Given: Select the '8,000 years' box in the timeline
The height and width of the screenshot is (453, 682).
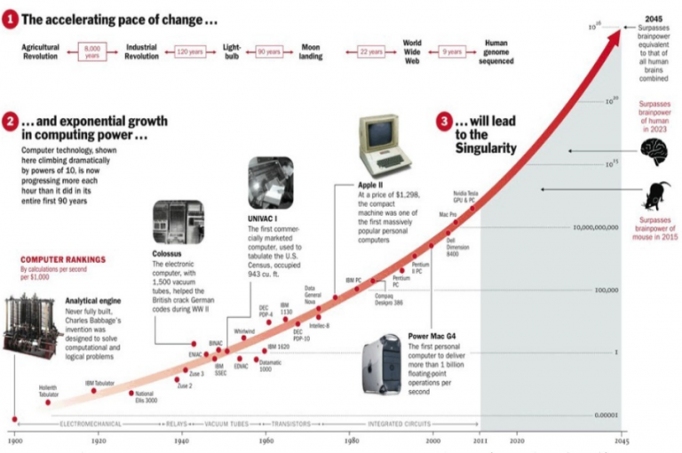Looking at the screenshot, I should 92,52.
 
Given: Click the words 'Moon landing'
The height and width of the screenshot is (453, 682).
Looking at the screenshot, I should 310,52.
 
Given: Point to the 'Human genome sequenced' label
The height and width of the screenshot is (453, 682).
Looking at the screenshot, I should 501,52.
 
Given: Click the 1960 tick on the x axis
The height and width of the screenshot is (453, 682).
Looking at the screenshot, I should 266,440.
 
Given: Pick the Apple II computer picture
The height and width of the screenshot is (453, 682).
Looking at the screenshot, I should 380,147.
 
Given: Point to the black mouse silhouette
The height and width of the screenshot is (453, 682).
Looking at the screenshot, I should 657,193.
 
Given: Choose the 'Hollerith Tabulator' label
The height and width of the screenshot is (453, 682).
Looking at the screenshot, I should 48,390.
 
